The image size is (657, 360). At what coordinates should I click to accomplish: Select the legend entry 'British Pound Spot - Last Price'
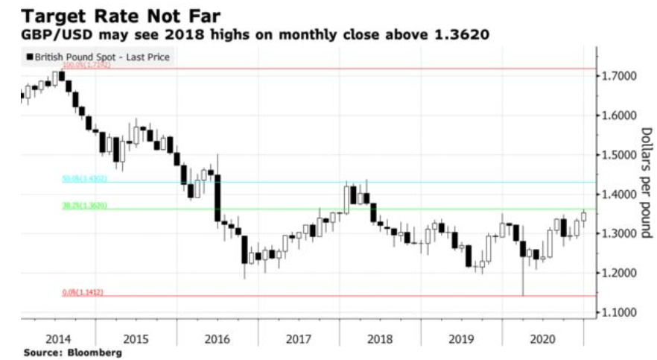point(98,56)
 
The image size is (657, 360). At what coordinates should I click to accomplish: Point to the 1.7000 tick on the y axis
point(620,77)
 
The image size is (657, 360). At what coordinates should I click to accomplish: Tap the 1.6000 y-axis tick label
point(620,116)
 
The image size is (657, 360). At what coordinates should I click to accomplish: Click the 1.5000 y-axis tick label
point(620,156)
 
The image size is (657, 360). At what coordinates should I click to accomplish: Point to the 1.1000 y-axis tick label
point(620,313)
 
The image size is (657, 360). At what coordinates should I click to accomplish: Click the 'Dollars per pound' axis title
point(646,183)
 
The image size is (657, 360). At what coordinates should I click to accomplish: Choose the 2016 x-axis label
point(218,338)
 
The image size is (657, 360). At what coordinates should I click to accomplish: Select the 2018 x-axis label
point(380,338)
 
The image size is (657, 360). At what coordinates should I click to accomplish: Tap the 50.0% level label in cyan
point(84,179)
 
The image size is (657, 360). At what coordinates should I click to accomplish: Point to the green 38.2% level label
point(84,206)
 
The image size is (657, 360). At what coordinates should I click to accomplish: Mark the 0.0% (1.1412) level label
point(82,293)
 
